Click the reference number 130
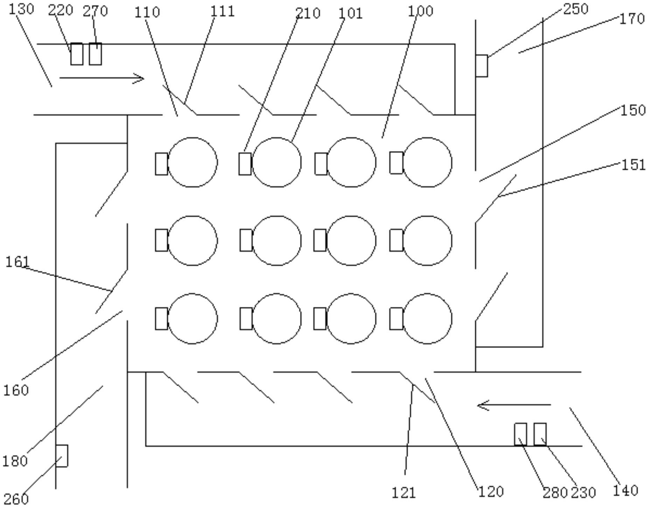(x=21, y=9)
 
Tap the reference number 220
(x=61, y=11)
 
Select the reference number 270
(x=95, y=11)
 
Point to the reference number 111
(x=222, y=12)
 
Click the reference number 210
(x=308, y=13)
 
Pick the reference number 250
(x=576, y=9)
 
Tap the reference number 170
(x=632, y=19)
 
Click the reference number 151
(x=634, y=165)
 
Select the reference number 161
(x=18, y=262)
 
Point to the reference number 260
(x=16, y=499)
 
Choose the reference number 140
(x=626, y=490)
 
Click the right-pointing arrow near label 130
(x=102, y=78)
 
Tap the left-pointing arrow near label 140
(x=514, y=405)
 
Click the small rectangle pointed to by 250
(x=482, y=66)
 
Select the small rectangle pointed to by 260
(x=62, y=456)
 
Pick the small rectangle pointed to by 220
(x=77, y=54)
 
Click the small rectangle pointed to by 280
(x=521, y=434)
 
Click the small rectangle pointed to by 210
(x=245, y=164)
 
